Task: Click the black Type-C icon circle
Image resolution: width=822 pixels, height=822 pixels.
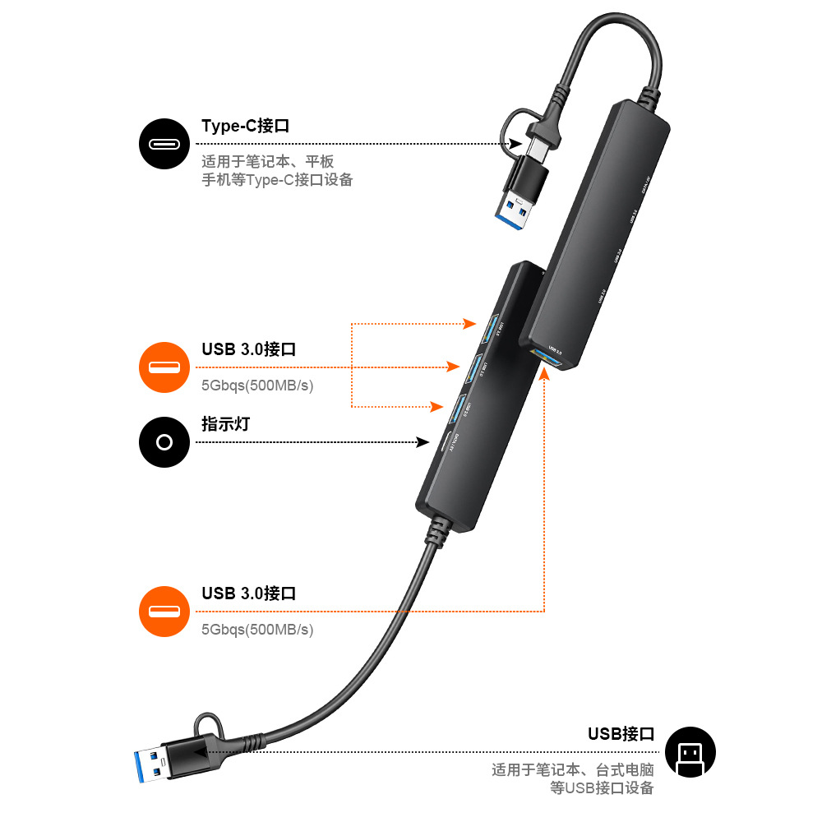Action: (164, 144)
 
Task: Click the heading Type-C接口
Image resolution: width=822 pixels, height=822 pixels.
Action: (246, 127)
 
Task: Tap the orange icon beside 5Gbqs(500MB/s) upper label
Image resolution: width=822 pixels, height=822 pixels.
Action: (164, 367)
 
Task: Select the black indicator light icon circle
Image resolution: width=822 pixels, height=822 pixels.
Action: (164, 442)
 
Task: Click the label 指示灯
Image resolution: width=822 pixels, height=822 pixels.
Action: (225, 424)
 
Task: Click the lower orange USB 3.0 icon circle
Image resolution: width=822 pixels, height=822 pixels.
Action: (164, 612)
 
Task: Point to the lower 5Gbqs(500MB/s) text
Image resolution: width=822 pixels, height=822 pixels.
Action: (257, 630)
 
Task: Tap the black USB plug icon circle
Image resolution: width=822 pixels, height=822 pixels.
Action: (690, 752)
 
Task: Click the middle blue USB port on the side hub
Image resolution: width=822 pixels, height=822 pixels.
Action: (475, 368)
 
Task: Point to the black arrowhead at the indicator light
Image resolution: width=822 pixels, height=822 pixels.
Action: (424, 442)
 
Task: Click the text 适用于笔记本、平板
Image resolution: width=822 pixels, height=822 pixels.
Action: (268, 161)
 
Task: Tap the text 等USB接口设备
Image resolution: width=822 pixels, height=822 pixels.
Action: (602, 788)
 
